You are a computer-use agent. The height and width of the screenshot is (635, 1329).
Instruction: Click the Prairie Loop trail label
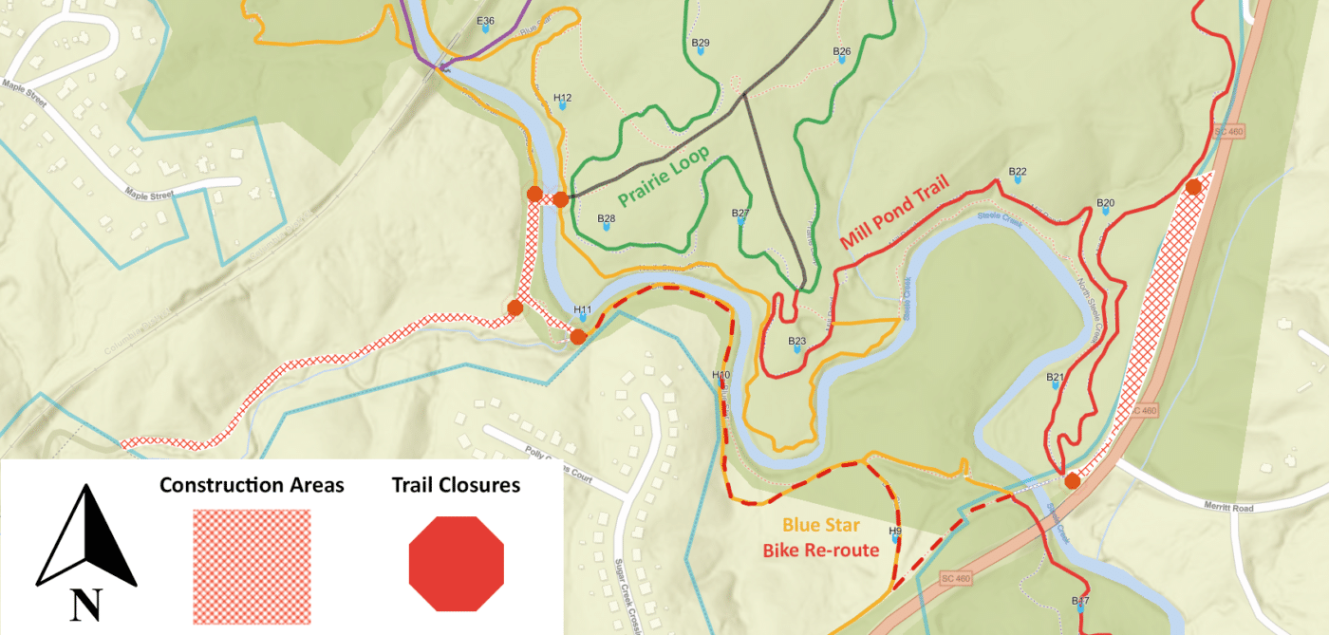point(664,177)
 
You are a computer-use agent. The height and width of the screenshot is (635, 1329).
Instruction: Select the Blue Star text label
point(821,525)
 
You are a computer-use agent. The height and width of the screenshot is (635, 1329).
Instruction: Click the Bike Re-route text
point(821,550)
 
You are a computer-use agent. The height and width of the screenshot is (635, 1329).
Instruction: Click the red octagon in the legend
point(456,564)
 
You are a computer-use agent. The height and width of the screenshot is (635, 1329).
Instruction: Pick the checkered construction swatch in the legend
point(252,567)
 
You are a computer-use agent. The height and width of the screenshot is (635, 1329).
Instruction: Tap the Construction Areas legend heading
point(252,486)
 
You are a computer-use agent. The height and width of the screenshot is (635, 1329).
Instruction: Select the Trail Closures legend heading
point(456,486)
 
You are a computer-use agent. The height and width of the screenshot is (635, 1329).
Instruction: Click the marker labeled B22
point(1018,173)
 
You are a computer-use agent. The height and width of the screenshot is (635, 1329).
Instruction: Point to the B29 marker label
point(701,43)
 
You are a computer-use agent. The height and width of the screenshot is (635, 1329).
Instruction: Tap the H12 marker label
point(562,98)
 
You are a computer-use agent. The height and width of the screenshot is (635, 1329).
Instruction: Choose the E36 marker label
point(485,21)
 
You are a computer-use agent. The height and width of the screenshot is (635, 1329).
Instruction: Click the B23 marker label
point(796,341)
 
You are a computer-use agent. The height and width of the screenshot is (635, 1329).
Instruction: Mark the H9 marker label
point(894,531)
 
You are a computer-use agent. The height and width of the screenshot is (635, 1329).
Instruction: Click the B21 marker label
point(1055,378)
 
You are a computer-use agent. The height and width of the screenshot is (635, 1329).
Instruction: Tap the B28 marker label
point(606,219)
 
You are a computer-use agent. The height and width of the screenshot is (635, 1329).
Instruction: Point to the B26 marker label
point(841,51)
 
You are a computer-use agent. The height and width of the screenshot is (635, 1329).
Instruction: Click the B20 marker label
point(1105,203)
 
